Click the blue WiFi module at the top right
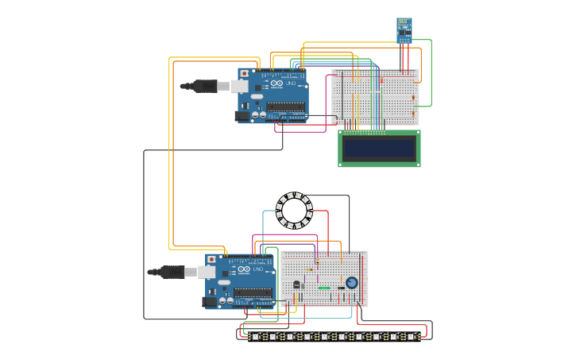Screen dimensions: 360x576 click(x=404, y=29)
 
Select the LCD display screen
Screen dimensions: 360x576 click(x=379, y=149)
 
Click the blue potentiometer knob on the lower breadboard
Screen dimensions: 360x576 click(x=351, y=283)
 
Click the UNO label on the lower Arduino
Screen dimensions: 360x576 click(x=258, y=269)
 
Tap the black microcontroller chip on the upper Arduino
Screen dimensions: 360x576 click(x=285, y=106)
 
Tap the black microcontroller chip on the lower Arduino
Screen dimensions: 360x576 click(x=253, y=292)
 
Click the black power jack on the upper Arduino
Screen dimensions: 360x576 click(x=242, y=115)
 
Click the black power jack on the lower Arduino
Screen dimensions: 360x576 click(x=210, y=301)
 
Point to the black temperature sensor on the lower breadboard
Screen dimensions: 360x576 click(x=297, y=285)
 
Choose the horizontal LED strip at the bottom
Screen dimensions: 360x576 click(x=334, y=336)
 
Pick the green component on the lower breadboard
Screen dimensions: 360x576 click(x=324, y=288)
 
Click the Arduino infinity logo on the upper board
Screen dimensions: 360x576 click(x=276, y=83)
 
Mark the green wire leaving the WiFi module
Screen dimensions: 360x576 click(x=431, y=72)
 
